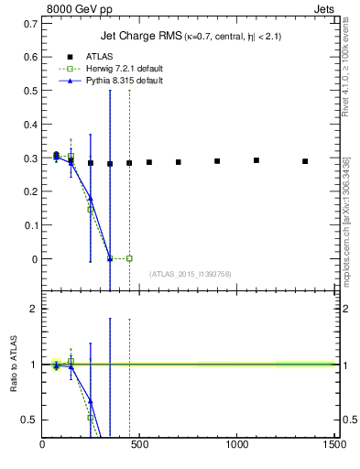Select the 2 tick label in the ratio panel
pos(34,310)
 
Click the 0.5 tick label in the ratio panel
pos(29,420)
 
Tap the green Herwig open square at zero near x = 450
pos(129,258)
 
